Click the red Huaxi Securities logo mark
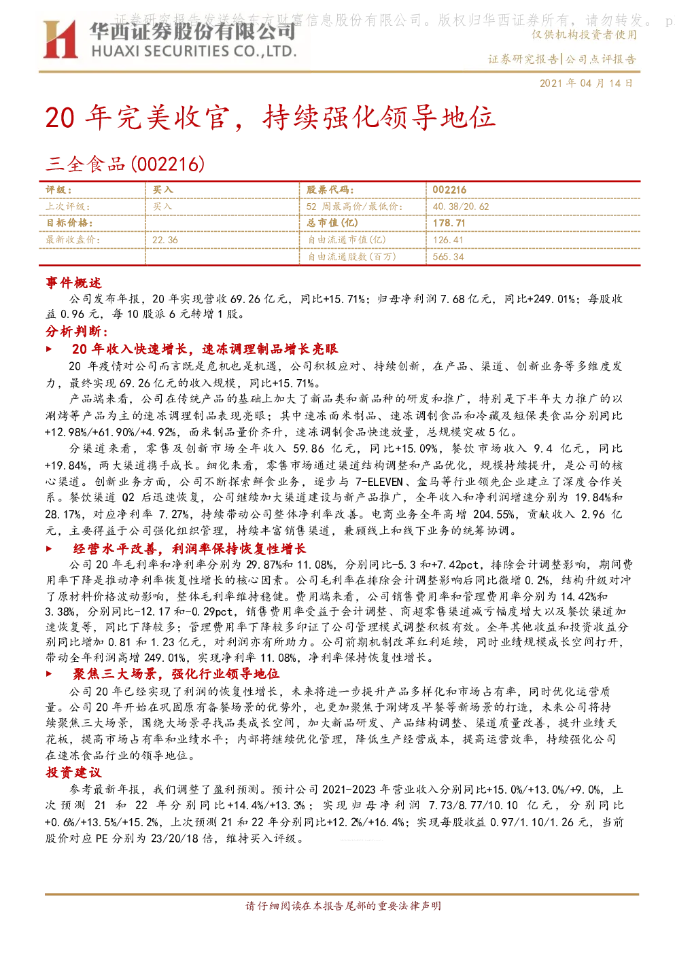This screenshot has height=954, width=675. click(x=60, y=39)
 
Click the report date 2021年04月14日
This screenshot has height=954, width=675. click(x=586, y=83)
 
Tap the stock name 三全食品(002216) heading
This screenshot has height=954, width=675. click(x=125, y=164)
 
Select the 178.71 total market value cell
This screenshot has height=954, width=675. click(x=449, y=223)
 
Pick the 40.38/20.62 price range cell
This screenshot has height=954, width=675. click(x=461, y=207)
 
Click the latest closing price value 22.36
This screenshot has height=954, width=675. click(x=165, y=240)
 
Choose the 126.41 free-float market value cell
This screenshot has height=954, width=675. click(x=448, y=240)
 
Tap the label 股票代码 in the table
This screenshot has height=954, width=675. click(x=330, y=190)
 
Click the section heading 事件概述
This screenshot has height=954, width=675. click(x=73, y=283)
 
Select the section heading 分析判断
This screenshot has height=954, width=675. click(x=77, y=331)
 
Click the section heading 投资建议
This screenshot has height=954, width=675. click(x=73, y=772)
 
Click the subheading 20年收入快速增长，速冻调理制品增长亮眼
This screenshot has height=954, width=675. click(x=205, y=349)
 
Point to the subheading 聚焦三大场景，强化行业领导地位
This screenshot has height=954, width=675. click(x=176, y=674)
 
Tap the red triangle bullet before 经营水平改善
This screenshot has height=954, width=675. click(x=49, y=549)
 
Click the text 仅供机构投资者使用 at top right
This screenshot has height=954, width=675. click(x=584, y=35)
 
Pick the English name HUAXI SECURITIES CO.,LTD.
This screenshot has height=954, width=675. click(x=194, y=51)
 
